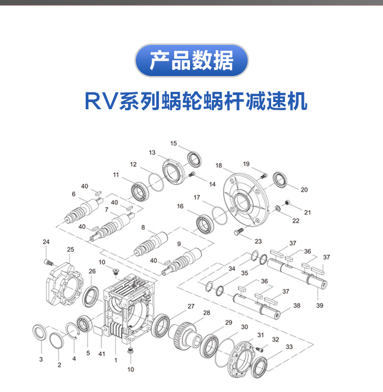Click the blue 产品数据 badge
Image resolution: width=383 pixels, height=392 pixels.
(192, 61)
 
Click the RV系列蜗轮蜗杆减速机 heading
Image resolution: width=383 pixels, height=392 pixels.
(196, 101)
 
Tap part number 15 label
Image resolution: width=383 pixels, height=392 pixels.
(174, 143)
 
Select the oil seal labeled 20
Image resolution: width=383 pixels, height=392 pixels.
(281, 180)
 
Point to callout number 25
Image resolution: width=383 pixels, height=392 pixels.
(70, 250)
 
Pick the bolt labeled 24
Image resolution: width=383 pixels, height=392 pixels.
(49, 262)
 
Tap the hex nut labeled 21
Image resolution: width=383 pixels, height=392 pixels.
(288, 203)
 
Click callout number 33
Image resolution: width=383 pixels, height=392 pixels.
(290, 347)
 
